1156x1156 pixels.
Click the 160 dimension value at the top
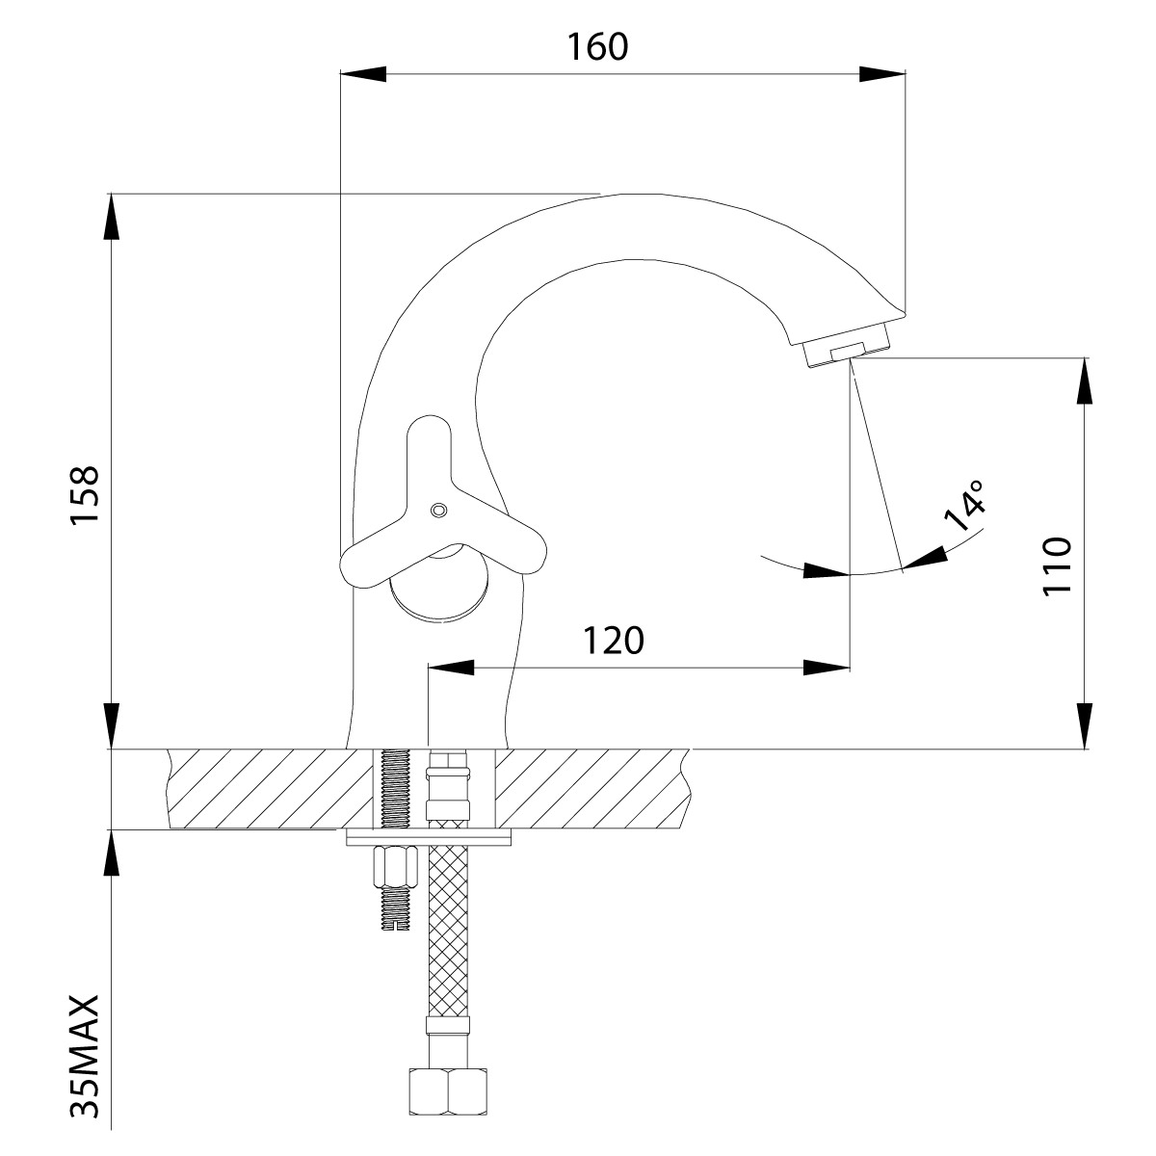click(597, 46)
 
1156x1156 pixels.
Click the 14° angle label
click(965, 505)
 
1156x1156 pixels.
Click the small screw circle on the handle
click(439, 509)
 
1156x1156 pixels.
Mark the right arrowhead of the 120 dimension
click(828, 667)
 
